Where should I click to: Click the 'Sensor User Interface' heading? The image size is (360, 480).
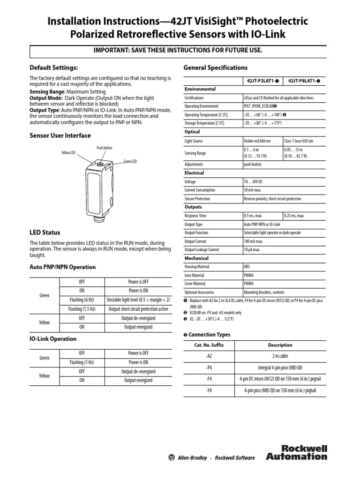[x=60, y=135]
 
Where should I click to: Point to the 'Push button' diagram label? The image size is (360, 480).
[x=104, y=148]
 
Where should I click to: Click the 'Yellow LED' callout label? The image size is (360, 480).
[x=68, y=153]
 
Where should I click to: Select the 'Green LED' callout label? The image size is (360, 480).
[x=130, y=162]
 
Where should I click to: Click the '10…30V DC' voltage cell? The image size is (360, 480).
[x=254, y=181]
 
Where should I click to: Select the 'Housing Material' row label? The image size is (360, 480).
[x=197, y=267]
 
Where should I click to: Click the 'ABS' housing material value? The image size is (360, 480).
[x=247, y=267]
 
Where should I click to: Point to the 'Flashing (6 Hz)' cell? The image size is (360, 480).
[x=82, y=300]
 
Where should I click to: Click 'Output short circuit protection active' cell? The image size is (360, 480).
[x=138, y=309]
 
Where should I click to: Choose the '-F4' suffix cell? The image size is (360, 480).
[x=209, y=378]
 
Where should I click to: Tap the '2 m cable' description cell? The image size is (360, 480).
[x=280, y=356]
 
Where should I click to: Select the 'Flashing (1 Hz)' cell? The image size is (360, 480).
[x=82, y=362]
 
